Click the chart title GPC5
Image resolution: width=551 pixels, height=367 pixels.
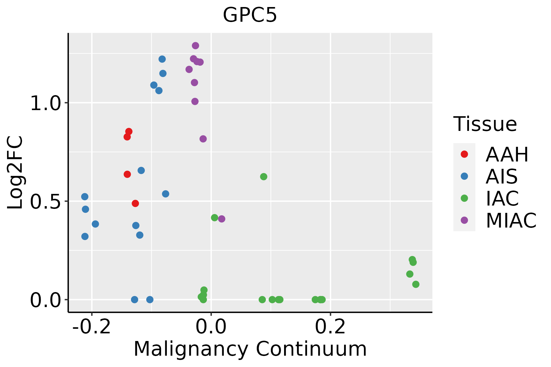click(250, 15)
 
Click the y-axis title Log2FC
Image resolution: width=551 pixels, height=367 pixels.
click(15, 173)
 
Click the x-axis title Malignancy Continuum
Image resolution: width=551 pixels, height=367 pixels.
click(250, 349)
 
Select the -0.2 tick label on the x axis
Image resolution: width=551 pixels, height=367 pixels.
click(91, 327)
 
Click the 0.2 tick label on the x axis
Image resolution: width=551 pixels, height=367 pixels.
click(330, 327)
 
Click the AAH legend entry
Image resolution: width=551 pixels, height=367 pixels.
click(507, 154)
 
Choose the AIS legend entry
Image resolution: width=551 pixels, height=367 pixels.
click(501, 176)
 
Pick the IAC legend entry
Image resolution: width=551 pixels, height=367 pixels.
click(502, 198)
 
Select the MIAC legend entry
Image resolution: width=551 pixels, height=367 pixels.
click(511, 221)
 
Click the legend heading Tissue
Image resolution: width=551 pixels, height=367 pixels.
click(485, 124)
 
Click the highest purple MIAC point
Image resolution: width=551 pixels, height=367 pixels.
click(195, 46)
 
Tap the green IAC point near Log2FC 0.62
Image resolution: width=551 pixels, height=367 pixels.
click(264, 177)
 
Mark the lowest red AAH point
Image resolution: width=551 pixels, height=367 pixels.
click(135, 203)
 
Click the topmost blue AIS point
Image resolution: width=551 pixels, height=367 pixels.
click(162, 59)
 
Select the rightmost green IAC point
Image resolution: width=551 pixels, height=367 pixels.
click(416, 284)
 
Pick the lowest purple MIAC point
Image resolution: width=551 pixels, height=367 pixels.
click(222, 219)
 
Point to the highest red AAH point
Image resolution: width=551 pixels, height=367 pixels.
click(129, 132)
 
